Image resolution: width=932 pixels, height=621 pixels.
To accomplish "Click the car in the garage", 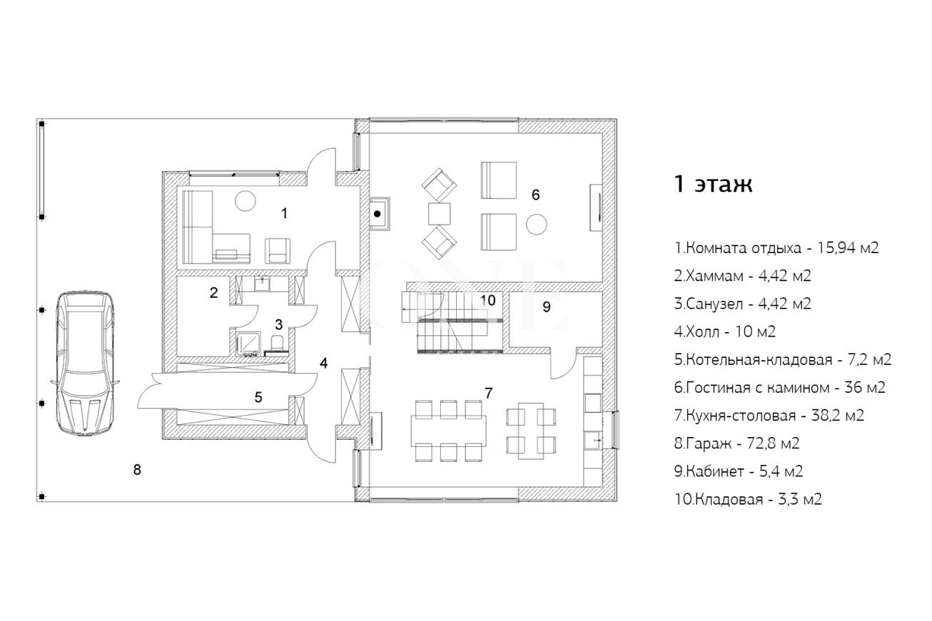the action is (x=86, y=364).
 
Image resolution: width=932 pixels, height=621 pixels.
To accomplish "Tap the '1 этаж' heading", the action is (x=713, y=184).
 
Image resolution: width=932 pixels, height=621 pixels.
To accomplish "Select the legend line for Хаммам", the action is (x=743, y=276).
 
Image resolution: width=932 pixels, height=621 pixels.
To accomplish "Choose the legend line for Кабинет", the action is (x=739, y=471).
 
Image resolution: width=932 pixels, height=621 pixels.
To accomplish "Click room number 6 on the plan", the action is (x=535, y=195).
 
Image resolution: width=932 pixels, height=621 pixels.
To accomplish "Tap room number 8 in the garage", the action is (x=137, y=470).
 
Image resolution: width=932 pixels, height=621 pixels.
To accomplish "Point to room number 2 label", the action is (x=213, y=292).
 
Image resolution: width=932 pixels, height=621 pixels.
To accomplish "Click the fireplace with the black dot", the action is (x=380, y=214).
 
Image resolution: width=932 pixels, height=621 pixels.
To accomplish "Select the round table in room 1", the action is (x=245, y=200).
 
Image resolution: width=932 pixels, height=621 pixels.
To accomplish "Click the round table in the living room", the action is (x=537, y=225).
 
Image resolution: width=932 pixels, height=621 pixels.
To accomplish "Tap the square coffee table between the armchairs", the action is (x=439, y=214).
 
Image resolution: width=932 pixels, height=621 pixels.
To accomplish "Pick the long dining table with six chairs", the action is (x=448, y=431).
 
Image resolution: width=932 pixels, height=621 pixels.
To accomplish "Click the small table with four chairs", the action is (x=531, y=431).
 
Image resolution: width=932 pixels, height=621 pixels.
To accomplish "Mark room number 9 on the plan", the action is (x=547, y=307).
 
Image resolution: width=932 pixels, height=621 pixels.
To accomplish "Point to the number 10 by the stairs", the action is (x=487, y=299).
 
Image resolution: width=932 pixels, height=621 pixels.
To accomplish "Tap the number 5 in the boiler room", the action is (x=258, y=397).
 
